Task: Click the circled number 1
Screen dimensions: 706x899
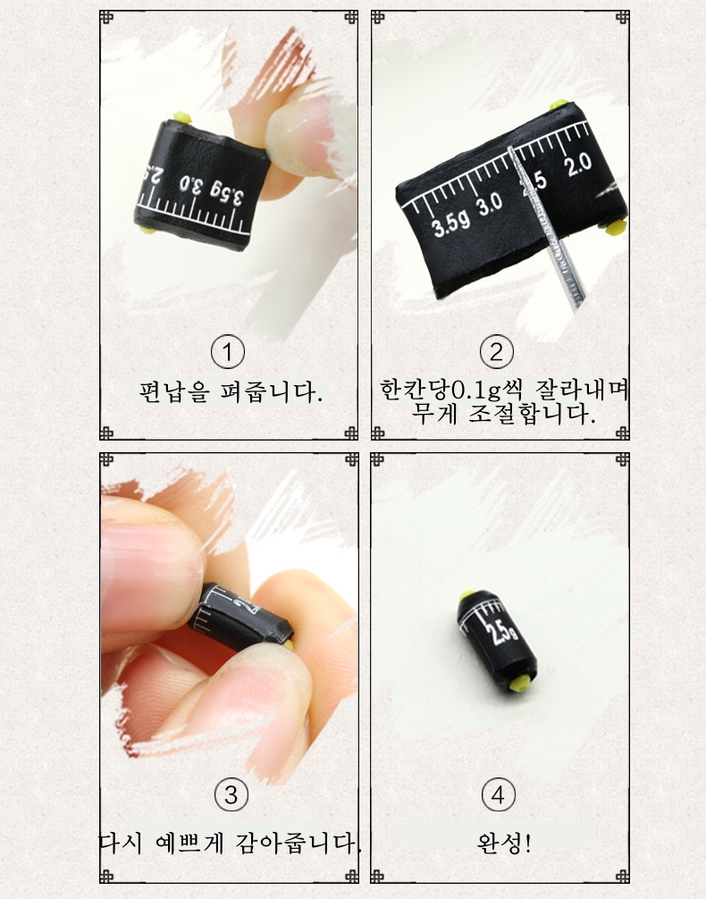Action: tap(228, 352)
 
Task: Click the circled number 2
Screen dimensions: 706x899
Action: tap(496, 352)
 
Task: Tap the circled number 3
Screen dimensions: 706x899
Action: tap(231, 795)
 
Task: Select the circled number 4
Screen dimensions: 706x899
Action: tap(498, 795)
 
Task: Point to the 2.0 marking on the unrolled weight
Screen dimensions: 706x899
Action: tap(577, 165)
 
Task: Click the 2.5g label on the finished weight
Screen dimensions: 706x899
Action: tap(502, 629)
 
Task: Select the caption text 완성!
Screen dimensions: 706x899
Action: tap(503, 843)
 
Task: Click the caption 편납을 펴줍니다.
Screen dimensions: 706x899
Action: tap(231, 392)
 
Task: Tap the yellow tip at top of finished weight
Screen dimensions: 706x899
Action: tap(466, 596)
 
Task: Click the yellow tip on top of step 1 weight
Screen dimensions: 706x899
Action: tap(182, 118)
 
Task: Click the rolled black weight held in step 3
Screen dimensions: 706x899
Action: tap(241, 618)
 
